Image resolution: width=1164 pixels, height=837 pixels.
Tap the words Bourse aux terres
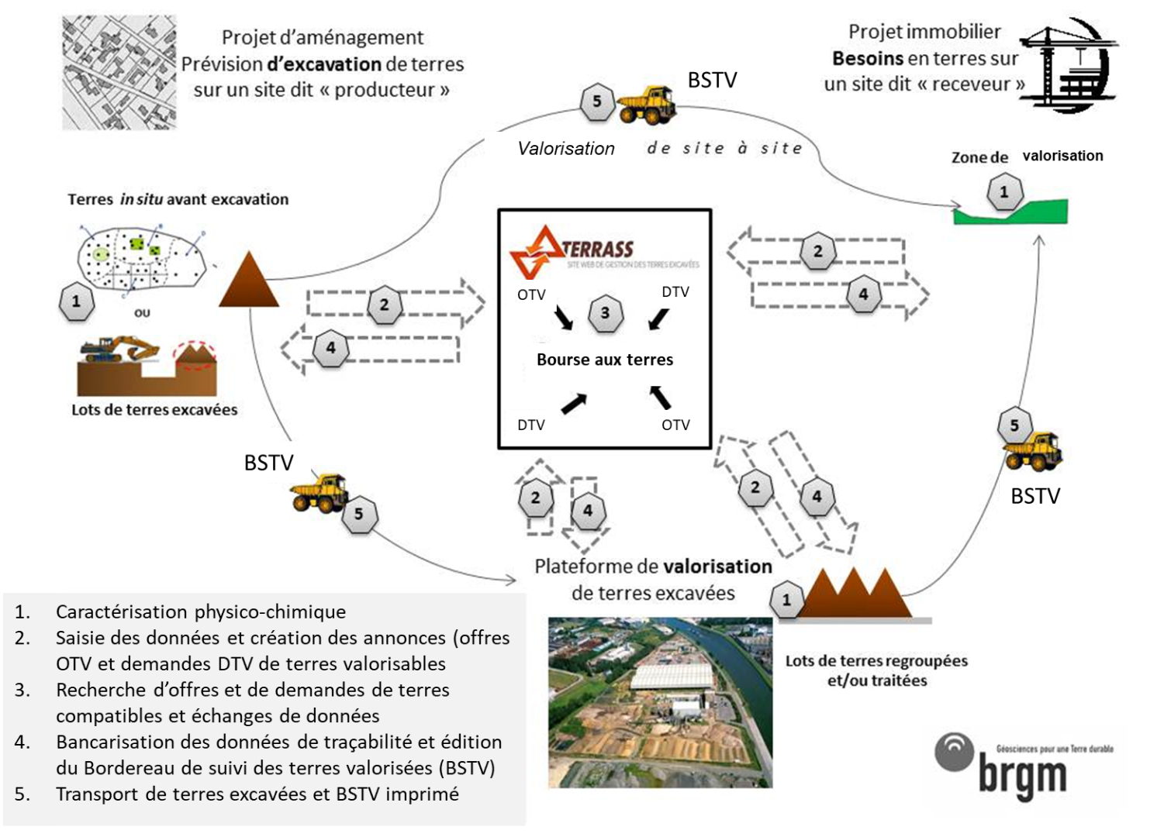605,360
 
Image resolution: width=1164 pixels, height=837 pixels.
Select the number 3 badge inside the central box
605,313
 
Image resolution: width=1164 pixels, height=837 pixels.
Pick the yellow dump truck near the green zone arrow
1034,452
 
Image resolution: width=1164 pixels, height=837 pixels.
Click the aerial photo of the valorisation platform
660,702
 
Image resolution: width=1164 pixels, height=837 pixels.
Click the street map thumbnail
119,72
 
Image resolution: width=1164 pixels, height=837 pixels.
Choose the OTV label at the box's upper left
531,294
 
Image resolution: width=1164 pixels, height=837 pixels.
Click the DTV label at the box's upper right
675,292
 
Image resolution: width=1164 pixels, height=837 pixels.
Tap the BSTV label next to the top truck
712,81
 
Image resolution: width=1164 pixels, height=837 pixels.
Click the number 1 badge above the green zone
1004,191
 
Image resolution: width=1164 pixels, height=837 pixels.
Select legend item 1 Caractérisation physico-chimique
200,611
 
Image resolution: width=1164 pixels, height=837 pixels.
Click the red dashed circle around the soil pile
195,356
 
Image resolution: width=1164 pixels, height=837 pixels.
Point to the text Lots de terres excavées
154,410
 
